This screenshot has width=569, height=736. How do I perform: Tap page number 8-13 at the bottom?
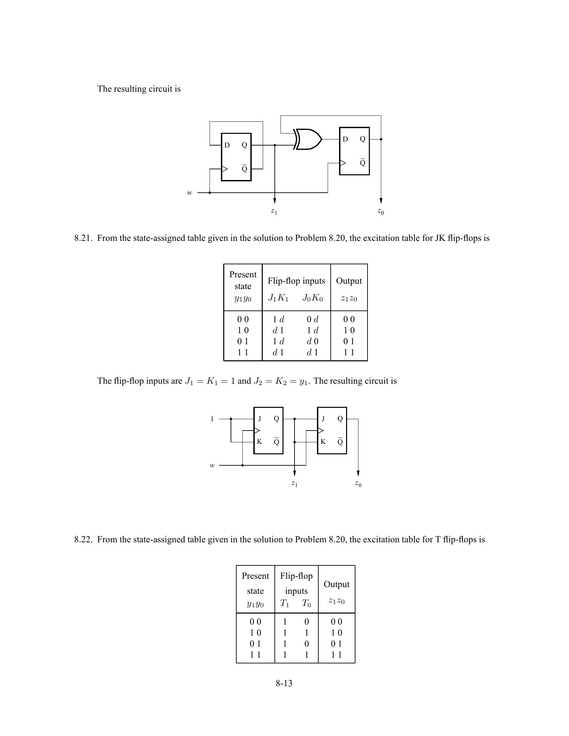click(284, 683)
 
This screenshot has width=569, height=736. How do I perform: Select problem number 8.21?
click(83, 238)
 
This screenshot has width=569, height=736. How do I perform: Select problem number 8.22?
click(83, 540)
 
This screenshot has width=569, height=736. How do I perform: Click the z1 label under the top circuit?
click(274, 211)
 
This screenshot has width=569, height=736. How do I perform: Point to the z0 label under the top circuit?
click(381, 211)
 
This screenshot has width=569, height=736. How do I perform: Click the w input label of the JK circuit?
click(212, 465)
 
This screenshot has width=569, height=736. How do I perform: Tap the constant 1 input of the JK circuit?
click(212, 419)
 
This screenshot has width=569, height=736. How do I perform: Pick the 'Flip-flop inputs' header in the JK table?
click(296, 281)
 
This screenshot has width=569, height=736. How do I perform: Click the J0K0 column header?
click(313, 298)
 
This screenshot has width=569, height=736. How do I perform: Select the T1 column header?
click(285, 603)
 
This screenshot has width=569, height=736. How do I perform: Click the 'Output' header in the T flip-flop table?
click(336, 584)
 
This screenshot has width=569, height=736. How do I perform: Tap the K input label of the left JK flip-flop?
click(259, 442)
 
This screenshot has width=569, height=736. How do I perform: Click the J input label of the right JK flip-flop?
click(323, 419)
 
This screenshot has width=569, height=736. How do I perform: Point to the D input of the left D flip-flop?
click(227, 145)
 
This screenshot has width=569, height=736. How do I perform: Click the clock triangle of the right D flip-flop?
click(342, 163)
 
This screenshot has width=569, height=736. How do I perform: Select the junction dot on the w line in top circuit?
click(210, 193)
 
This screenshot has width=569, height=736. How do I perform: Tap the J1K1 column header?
click(278, 298)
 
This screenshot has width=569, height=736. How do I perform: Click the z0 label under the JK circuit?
click(358, 484)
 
